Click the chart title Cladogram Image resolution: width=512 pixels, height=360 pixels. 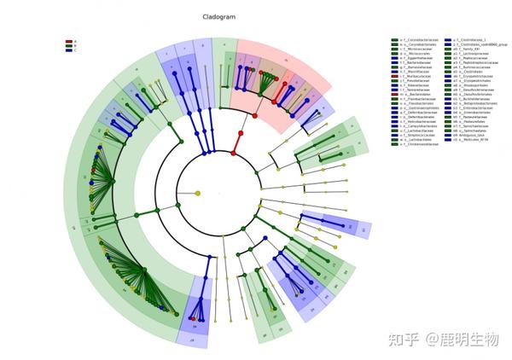tap(218, 16)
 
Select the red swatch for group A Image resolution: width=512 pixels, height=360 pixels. tap(68, 40)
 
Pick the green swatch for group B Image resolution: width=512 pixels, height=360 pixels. tap(68, 45)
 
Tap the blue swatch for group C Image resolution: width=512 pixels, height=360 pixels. tap(68, 50)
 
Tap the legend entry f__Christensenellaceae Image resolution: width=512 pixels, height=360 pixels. tap(420, 143)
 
